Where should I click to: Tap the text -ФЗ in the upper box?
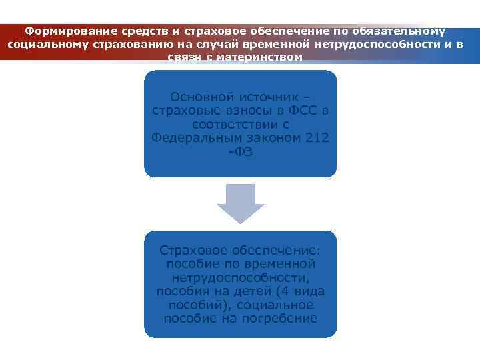[x=240, y=152]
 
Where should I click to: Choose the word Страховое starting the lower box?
[x=194, y=250]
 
